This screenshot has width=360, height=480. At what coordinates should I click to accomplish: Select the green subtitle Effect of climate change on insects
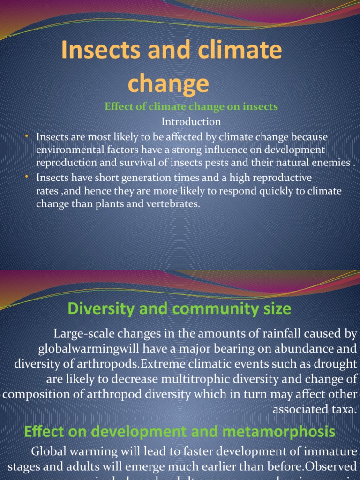(191, 107)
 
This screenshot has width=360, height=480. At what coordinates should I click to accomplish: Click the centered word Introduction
(191, 122)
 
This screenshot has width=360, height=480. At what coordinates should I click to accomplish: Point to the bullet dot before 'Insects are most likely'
(27, 136)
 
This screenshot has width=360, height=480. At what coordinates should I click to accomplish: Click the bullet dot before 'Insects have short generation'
(27, 177)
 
